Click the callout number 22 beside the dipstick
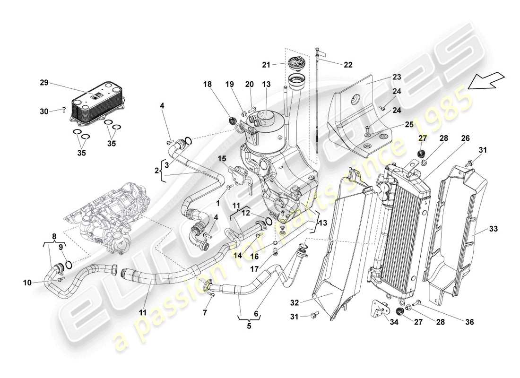coord(347,65)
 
